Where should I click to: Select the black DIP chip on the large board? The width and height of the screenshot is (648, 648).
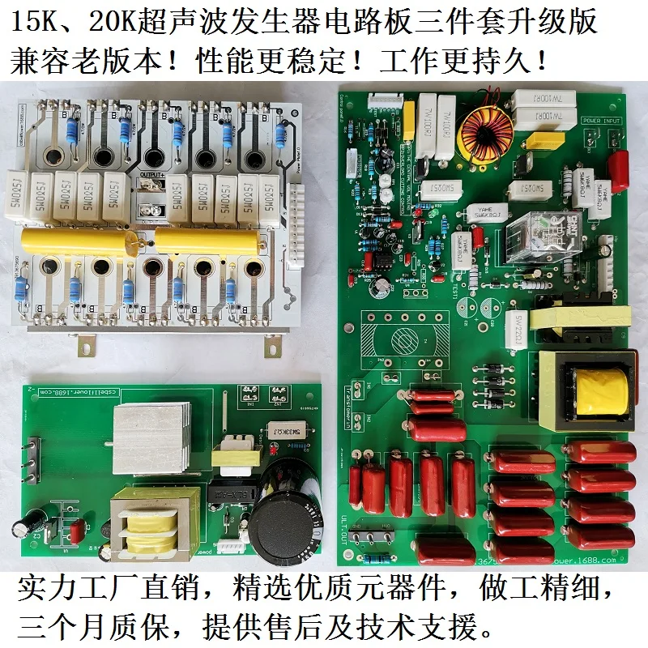coord(379,259)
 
